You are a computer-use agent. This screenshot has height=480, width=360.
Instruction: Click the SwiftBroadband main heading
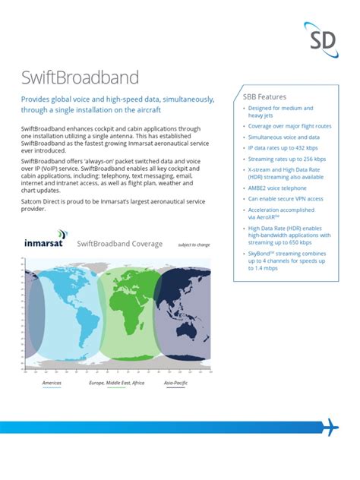click(x=81, y=78)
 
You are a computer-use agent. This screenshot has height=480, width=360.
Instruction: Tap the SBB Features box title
click(x=264, y=97)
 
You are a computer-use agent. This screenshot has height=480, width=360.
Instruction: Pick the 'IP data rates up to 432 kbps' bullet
click(x=286, y=148)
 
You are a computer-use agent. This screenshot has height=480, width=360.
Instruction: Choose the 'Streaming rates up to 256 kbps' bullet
click(x=287, y=159)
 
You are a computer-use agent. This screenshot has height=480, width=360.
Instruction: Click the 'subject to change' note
click(x=193, y=245)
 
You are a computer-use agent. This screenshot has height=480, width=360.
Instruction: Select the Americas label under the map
click(x=52, y=384)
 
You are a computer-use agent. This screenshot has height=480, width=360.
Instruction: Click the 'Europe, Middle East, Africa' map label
click(x=116, y=384)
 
